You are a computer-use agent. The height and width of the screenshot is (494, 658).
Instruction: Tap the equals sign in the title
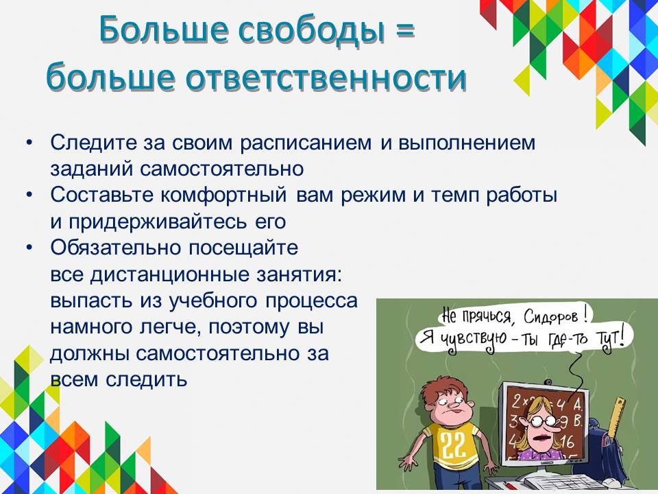point(404,30)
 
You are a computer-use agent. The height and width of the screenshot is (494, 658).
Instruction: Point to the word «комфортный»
point(223,196)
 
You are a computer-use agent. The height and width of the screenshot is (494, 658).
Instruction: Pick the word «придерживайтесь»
point(158,222)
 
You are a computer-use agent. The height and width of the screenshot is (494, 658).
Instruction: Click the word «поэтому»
point(249,327)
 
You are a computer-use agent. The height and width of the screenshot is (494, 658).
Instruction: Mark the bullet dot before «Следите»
point(29,143)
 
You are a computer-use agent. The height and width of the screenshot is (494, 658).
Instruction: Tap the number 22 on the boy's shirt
point(453,445)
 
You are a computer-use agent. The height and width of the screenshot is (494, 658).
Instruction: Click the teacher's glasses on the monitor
point(537,420)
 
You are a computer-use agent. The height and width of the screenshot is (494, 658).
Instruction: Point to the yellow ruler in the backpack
point(616,417)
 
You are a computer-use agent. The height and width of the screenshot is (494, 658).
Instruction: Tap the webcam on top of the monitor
point(548,382)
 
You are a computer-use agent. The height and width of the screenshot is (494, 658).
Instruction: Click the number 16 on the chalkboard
point(567,441)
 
